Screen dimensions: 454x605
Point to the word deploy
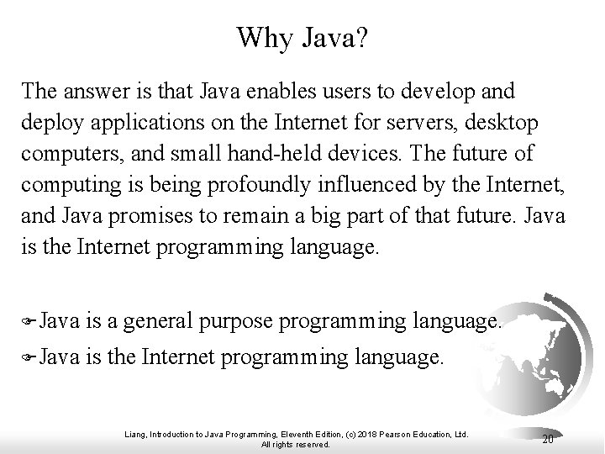50,123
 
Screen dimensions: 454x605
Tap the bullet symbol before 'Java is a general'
29,320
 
